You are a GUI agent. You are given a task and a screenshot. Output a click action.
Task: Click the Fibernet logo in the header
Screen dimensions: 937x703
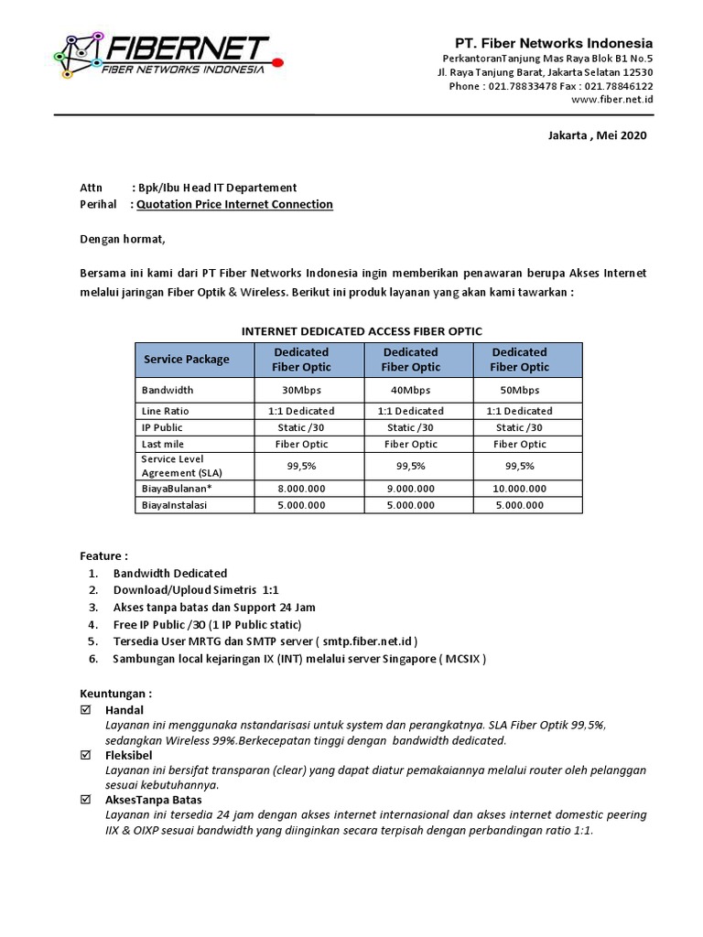(x=160, y=54)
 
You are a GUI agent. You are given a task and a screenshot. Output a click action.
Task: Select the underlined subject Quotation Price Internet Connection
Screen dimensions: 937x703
(x=234, y=204)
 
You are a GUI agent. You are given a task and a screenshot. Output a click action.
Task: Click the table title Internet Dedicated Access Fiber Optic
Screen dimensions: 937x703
(x=361, y=330)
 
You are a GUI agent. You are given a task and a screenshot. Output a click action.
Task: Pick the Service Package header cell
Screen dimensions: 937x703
(x=187, y=360)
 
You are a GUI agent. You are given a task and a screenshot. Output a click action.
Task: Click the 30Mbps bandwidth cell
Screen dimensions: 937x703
(x=301, y=390)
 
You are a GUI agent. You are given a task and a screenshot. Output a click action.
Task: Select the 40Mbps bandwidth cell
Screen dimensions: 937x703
(x=410, y=390)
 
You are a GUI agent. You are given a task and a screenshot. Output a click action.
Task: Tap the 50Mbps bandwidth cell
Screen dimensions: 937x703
(x=519, y=390)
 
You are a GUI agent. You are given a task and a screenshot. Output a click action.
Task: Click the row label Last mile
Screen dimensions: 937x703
(x=162, y=444)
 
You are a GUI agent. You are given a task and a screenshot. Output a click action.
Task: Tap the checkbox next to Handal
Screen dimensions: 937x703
(x=87, y=710)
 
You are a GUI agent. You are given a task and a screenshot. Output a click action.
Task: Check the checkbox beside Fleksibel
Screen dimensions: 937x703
(x=87, y=755)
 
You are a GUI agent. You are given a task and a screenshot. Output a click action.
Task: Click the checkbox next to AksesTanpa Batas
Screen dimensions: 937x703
(x=87, y=800)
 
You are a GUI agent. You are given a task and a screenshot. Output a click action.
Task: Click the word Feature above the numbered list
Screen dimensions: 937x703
(x=102, y=555)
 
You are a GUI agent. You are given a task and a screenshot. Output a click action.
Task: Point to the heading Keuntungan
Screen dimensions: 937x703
(x=115, y=693)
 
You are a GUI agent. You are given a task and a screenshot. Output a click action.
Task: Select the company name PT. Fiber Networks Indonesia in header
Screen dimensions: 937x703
(x=554, y=43)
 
